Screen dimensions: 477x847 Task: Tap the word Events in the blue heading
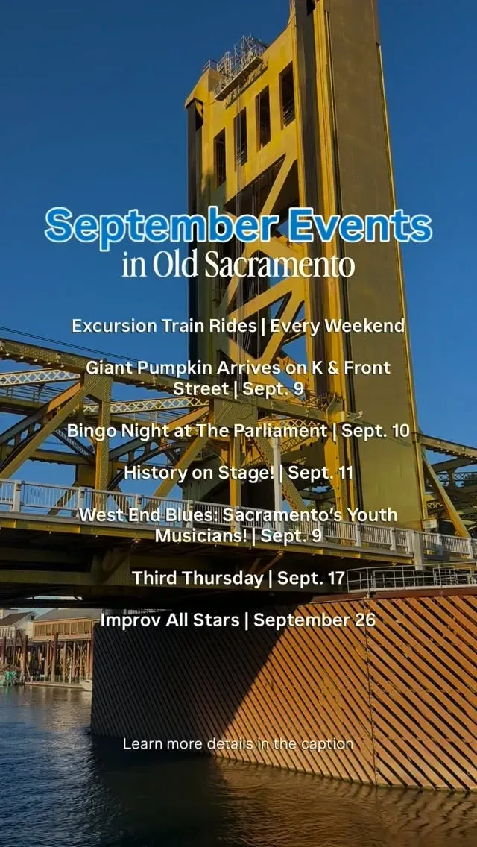360,224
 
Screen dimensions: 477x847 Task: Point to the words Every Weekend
337,326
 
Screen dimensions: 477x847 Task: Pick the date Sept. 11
320,473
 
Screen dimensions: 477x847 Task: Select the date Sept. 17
311,578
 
